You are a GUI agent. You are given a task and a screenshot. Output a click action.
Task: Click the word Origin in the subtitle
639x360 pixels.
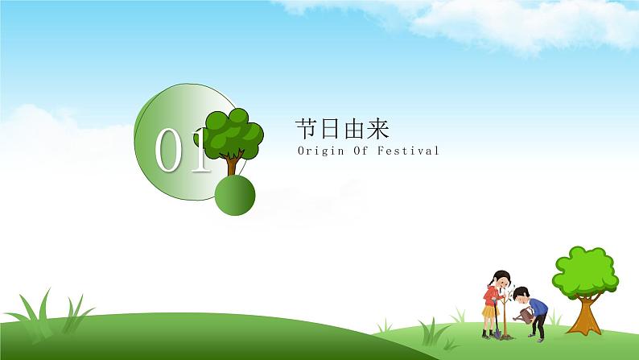coord(315,151)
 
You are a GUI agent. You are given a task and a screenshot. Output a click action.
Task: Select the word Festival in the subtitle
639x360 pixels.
coord(408,151)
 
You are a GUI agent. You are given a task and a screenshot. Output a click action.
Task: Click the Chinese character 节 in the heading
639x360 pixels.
coord(307,129)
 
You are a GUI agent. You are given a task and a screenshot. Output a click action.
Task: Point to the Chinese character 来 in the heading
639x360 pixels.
coord(378,129)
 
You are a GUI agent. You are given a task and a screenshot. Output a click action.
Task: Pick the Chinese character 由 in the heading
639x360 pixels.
coord(355,129)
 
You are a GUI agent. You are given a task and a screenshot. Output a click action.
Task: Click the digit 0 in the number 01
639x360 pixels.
coord(167,150)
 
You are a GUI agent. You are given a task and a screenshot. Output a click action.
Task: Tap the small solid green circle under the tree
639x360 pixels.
coord(235,195)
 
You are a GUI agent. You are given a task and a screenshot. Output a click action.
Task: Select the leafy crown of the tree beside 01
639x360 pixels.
coord(231,133)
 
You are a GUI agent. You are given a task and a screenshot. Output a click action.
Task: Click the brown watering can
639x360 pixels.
coord(524,315)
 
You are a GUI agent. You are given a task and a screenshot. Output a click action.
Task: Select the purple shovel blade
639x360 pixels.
coord(497,333)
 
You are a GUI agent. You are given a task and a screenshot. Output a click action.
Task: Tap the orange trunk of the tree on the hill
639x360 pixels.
coord(586,315)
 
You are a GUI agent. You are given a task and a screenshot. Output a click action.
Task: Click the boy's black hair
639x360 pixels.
coord(521,292)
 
